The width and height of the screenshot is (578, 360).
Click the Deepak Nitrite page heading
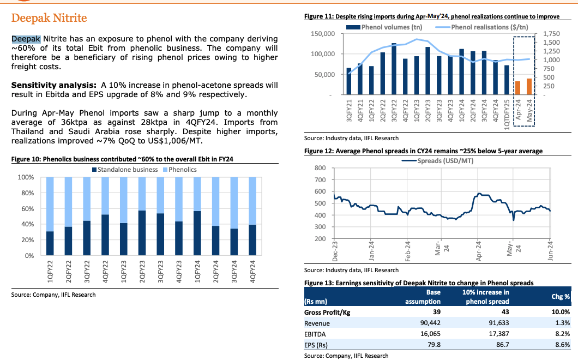(49, 19)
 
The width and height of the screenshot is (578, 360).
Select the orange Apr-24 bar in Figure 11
(517, 88)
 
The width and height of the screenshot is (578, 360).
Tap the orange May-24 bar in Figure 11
(529, 87)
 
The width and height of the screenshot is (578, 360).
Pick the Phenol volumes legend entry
(390, 27)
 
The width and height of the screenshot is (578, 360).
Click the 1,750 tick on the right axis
(552, 34)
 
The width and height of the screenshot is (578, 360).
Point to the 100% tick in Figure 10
(26, 178)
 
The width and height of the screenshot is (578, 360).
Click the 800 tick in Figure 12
(320, 168)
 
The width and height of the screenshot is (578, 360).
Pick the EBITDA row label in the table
(316, 334)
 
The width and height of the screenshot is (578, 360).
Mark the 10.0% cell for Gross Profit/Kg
(561, 312)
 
